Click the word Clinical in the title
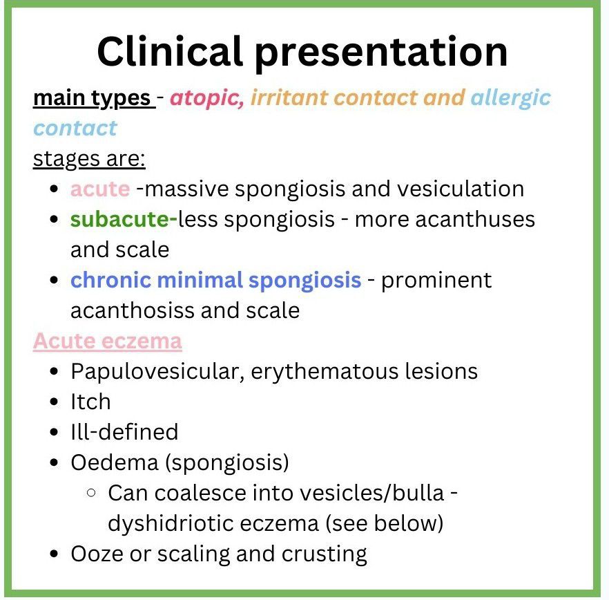coord(170,51)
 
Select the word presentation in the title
coord(381,54)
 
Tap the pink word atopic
coord(207,97)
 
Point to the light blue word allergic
coord(510,97)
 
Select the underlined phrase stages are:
coord(89,159)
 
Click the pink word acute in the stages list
coord(100,189)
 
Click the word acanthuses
coord(475,219)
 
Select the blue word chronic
coord(110,280)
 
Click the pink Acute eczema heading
coord(108,341)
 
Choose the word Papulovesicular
coord(157,371)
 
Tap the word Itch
coord(91,402)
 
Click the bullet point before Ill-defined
coord(54,433)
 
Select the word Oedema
coord(115,462)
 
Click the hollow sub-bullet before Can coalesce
coord(91,493)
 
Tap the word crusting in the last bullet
coord(324,554)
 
